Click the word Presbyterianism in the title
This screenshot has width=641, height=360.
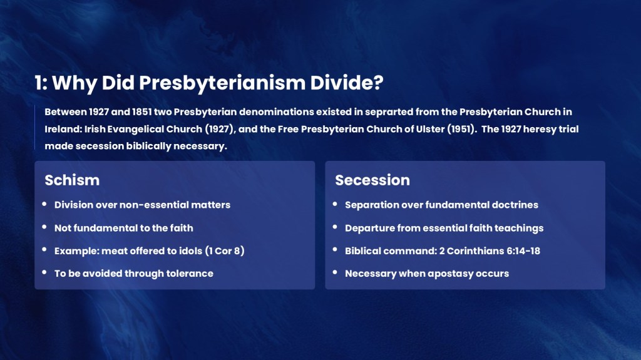pos(222,83)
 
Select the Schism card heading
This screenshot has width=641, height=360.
pos(72,180)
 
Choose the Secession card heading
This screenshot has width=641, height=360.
pos(372,180)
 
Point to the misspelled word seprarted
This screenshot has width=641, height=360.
pos(389,112)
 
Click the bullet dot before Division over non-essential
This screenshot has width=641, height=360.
pos(44,203)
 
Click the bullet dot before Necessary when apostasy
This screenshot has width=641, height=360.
pos(335,272)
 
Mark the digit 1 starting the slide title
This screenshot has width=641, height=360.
pos(38,83)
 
